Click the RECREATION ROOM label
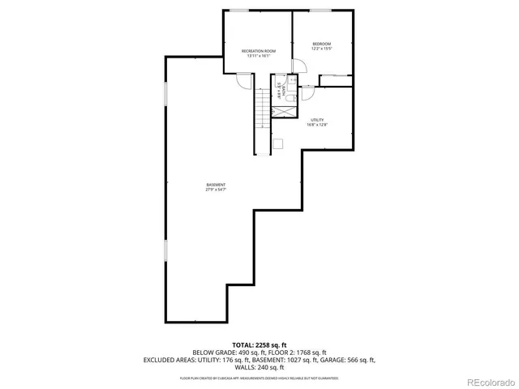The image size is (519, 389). pos(259,51)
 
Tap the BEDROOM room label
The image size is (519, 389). pos(322,44)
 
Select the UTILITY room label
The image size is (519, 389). pos(316,119)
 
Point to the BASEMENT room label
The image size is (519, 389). pos(216,185)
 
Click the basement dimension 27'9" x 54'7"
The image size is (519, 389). pos(216,190)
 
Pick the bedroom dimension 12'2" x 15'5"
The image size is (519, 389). pos(322,49)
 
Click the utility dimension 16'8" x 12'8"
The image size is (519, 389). pos(316,125)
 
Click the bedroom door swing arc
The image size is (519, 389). pos(298,66)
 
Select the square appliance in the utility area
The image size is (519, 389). pos(278,144)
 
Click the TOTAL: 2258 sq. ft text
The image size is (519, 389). pos(259,345)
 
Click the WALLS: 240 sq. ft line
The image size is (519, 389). pos(259,366)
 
